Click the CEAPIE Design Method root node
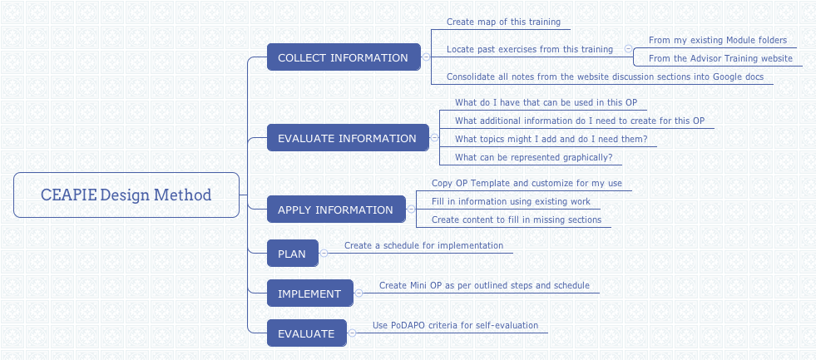[126, 195]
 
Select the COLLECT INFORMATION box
[343, 57]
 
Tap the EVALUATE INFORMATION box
[347, 138]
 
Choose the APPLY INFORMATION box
[335, 210]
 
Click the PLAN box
[292, 254]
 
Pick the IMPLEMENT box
[309, 293]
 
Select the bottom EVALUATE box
[306, 333]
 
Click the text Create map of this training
[503, 22]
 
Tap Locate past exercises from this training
[529, 49]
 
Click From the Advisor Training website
[720, 58]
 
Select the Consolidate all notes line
[604, 76]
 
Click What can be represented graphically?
[533, 157]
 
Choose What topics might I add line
[551, 139]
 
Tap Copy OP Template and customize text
[527, 183]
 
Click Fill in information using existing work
[511, 201]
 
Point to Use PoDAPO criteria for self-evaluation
[455, 325]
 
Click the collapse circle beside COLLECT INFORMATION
[426, 57]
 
